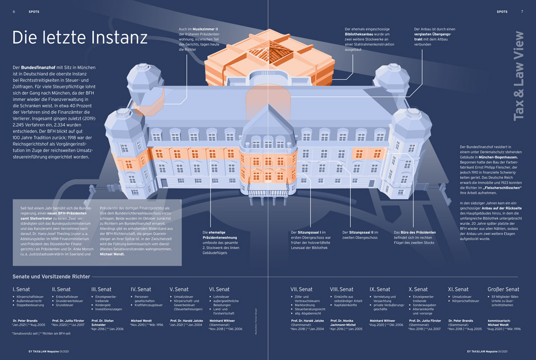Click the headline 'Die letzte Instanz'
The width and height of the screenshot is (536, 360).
pos(79,38)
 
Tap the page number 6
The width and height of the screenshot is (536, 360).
pos(14,11)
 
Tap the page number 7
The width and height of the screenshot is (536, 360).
pos(522,11)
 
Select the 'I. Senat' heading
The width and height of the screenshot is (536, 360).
pos(21,289)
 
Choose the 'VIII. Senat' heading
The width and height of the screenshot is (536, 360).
pos(341,289)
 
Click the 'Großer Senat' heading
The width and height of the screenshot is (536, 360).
pos(503,289)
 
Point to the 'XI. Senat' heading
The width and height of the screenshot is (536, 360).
pos(458,289)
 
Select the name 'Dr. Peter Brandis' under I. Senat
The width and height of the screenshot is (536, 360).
pos(26,321)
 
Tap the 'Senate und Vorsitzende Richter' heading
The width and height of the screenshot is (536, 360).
pos(51,276)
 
